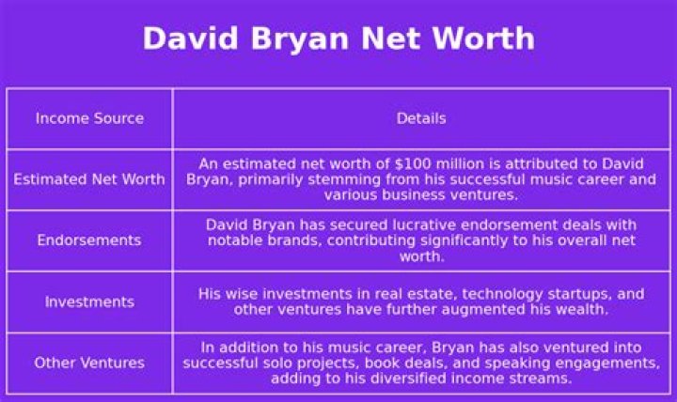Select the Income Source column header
tap(89, 118)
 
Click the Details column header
tap(421, 118)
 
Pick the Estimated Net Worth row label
tap(89, 179)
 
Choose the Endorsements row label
tap(89, 240)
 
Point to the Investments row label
tap(89, 301)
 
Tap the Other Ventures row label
tap(89, 363)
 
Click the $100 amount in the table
tap(415, 163)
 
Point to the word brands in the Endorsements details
tap(298, 240)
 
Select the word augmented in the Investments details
tap(486, 309)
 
